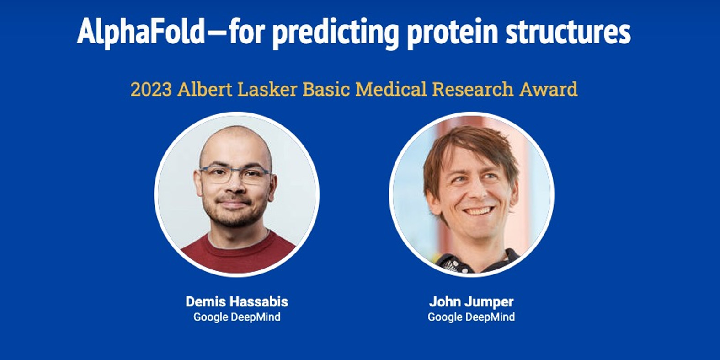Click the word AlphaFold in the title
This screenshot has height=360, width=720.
pos(141,31)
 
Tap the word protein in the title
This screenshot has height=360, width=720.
pos(453,33)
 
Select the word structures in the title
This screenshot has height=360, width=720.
pos(568,32)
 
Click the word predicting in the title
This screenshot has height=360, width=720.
pos(336,33)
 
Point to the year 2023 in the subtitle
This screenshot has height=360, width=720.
pos(151,89)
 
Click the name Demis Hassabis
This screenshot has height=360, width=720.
pos(237,302)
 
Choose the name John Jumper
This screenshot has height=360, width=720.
pos(471,302)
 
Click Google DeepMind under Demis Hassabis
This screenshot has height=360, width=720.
pos(237,317)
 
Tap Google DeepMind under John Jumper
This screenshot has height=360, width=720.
pos(471,317)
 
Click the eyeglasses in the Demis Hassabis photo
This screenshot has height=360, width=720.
pos(235,175)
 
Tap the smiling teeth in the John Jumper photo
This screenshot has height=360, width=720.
pos(479,211)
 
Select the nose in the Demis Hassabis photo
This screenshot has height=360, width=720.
pos(235,187)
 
